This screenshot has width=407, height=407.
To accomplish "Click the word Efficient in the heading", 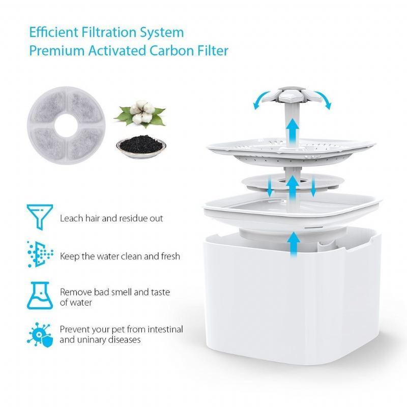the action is click(x=54, y=32).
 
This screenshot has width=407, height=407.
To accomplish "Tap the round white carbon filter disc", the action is click(x=66, y=125).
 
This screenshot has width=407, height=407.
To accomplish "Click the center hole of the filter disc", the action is click(x=66, y=125).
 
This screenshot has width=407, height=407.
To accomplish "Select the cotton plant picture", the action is click(x=139, y=114).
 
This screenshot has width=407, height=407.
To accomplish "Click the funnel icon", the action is click(x=40, y=217).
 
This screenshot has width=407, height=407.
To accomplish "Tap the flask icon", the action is click(x=40, y=296).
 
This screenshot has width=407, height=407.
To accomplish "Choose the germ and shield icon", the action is click(x=40, y=335).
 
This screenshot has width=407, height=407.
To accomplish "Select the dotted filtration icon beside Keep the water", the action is click(x=40, y=254).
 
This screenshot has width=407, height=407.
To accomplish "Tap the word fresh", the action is click(x=170, y=256).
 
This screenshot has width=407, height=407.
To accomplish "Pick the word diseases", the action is click(x=124, y=339).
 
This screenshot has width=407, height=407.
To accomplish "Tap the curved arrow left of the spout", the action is click(x=260, y=99).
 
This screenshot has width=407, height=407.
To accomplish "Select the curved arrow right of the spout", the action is click(x=324, y=99).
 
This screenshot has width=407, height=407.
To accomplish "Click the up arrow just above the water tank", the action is click(x=294, y=244).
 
